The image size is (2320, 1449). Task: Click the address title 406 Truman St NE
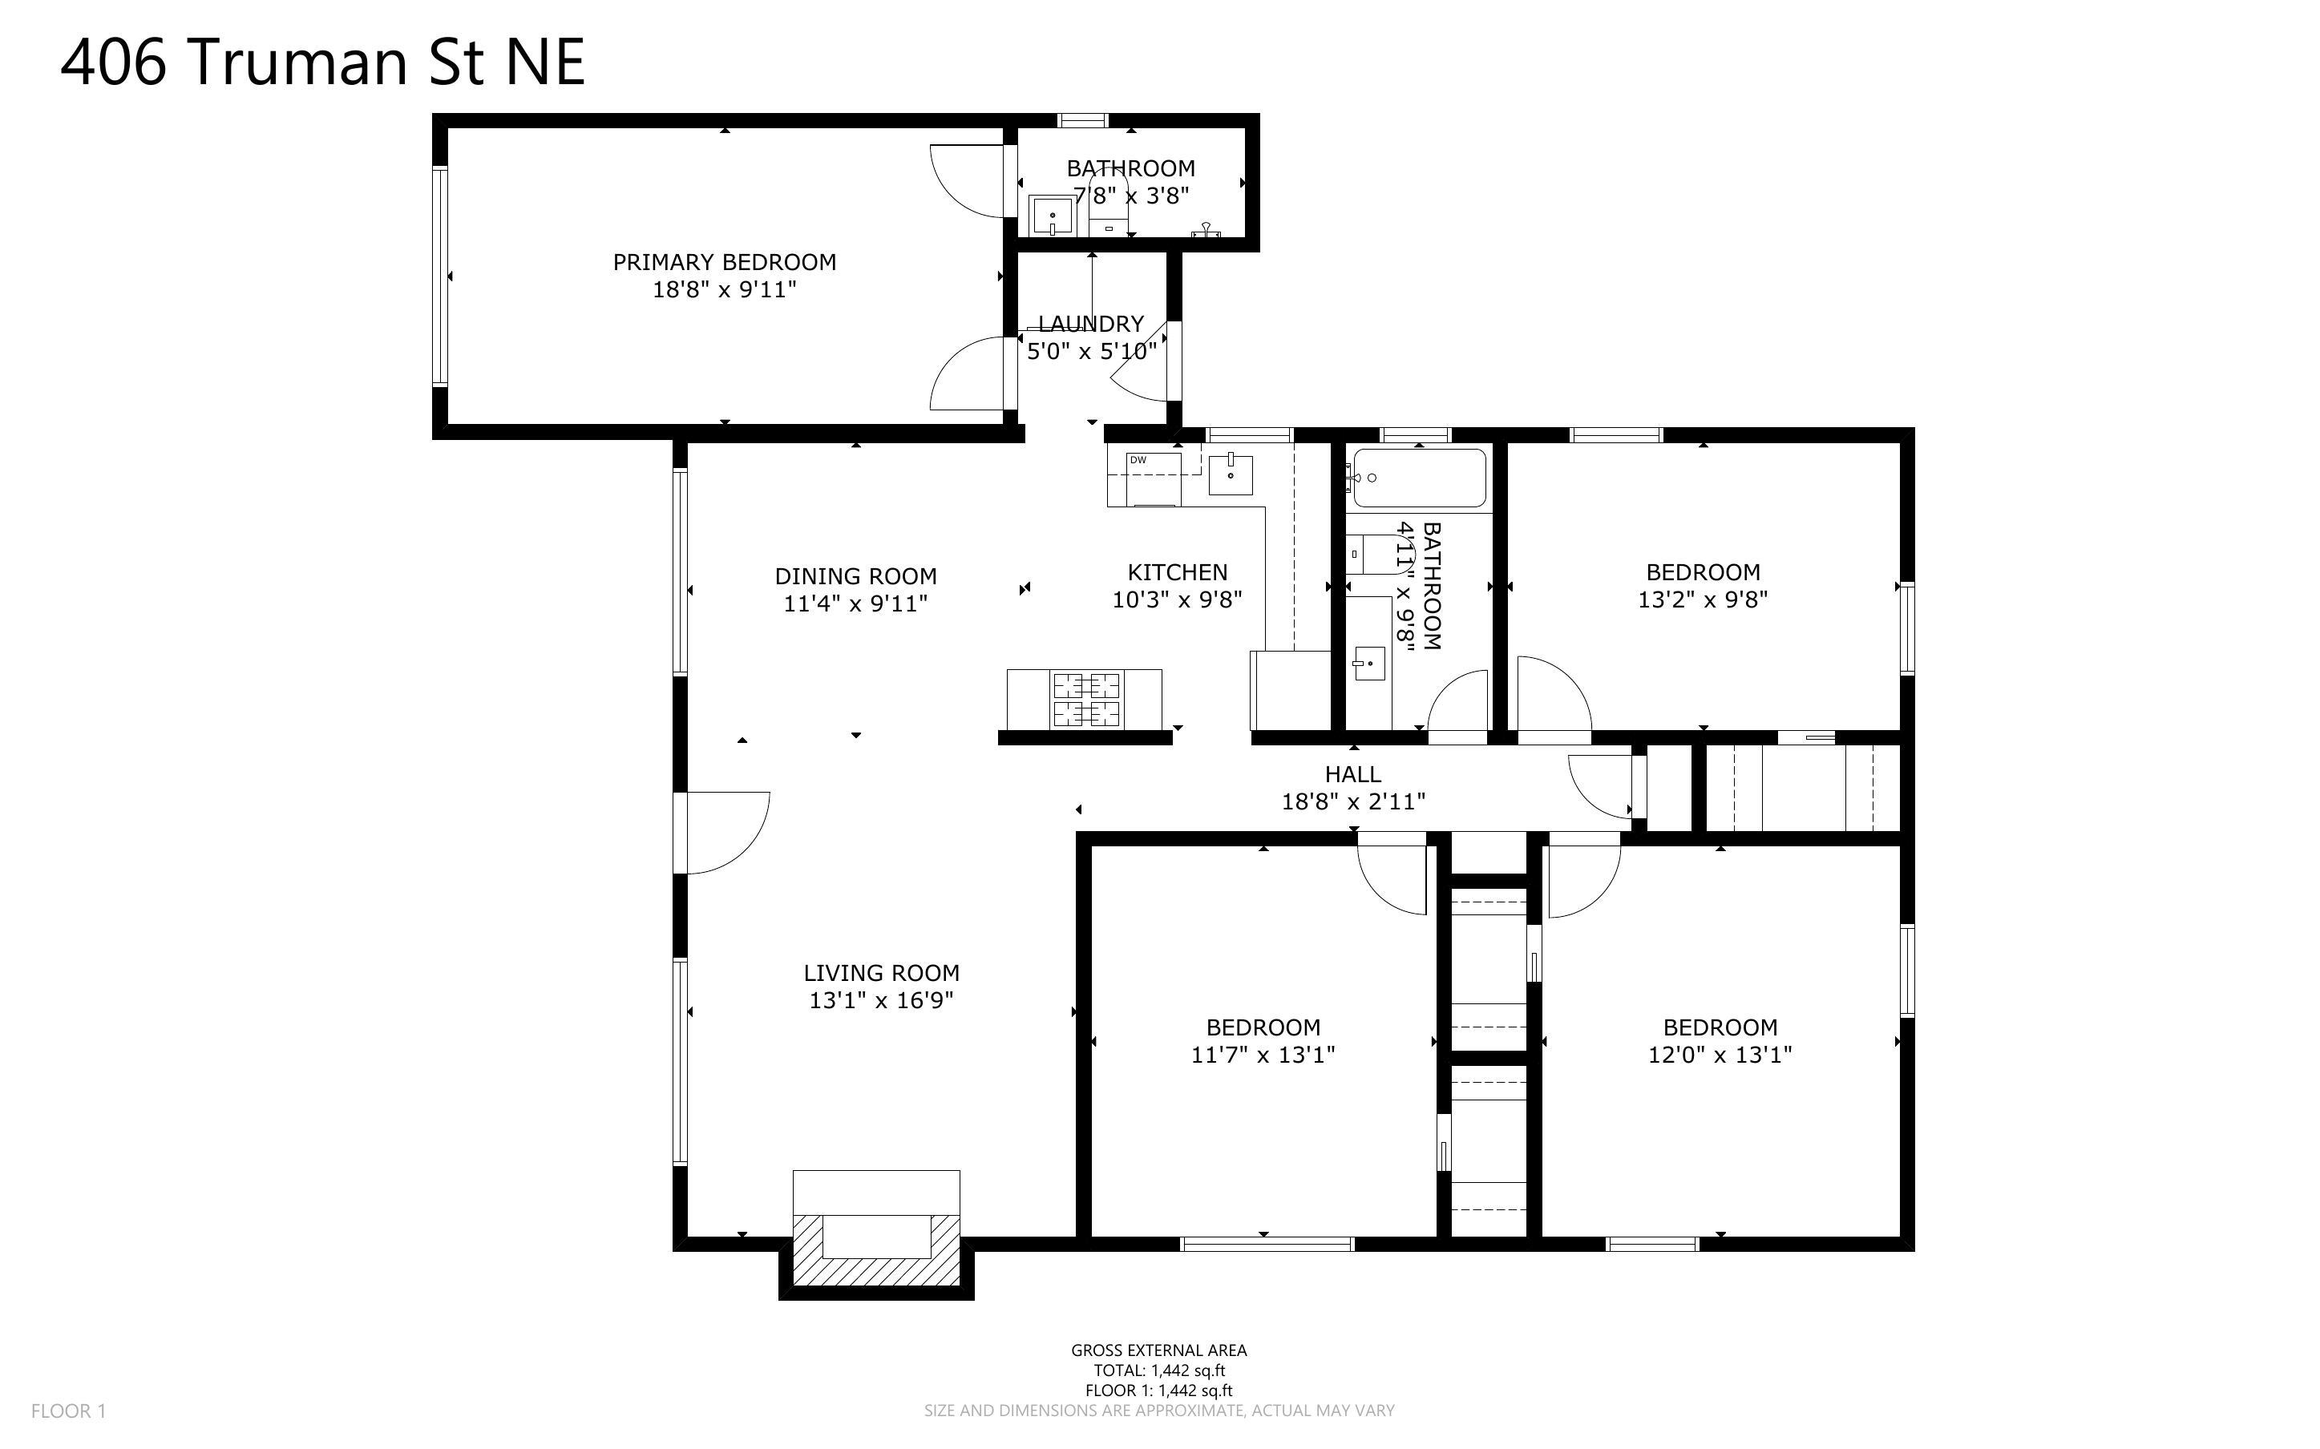point(322,63)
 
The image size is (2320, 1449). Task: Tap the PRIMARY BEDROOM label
point(725,261)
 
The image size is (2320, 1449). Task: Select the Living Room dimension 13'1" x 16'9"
point(881,1000)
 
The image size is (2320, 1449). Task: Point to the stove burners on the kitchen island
point(1087,700)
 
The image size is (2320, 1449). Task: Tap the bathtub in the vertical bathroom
point(1419,477)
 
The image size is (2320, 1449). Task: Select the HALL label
point(1352,774)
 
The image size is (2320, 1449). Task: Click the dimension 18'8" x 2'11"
point(1352,802)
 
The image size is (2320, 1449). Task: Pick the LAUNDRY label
point(1090,324)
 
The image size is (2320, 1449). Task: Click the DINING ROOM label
point(855,576)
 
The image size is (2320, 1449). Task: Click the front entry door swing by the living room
point(726,832)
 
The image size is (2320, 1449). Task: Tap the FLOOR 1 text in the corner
point(68,1411)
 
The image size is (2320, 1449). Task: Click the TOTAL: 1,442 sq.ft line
point(1158,1370)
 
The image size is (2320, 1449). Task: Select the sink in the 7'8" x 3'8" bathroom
point(1053,216)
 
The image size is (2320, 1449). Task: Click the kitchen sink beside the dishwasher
point(1231,474)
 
